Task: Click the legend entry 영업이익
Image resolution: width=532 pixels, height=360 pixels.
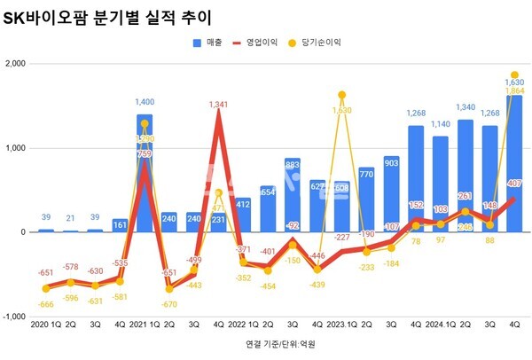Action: (267, 42)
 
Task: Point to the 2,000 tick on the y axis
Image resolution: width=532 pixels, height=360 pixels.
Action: (14, 64)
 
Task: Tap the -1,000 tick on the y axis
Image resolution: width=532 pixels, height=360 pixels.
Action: (14, 317)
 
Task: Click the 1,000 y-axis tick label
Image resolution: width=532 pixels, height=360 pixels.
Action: (14, 148)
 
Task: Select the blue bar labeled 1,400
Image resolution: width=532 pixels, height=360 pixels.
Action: (145, 173)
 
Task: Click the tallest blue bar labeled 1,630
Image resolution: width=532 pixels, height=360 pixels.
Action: (513, 163)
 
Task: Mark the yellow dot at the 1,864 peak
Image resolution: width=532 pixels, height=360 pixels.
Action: (514, 75)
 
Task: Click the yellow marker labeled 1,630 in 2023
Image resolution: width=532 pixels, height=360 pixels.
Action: (341, 95)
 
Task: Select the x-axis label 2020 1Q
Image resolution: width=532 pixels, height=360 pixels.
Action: (45, 325)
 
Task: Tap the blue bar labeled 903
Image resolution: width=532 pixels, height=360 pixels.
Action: (390, 194)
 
